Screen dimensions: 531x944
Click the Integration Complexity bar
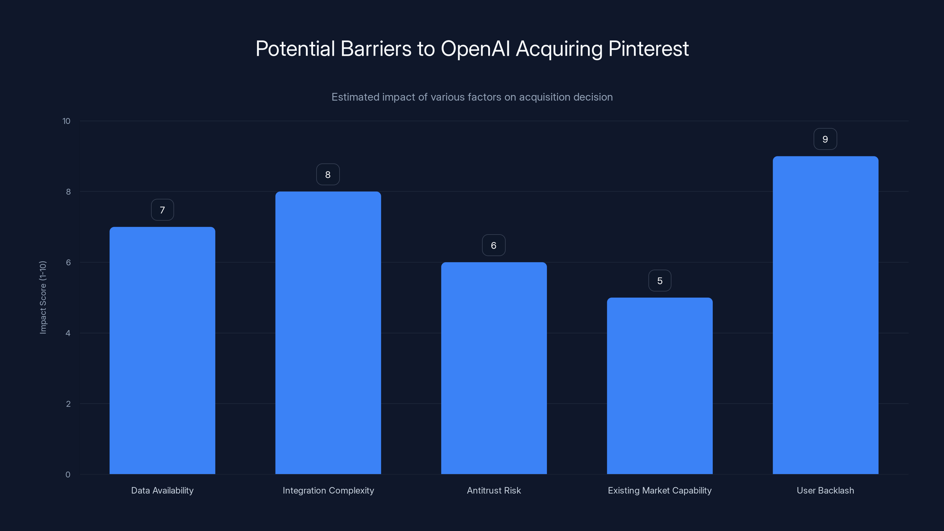click(x=328, y=332)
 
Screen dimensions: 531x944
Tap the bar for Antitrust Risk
click(x=494, y=368)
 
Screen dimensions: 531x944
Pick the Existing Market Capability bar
click(x=660, y=386)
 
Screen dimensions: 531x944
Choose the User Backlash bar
click(x=825, y=315)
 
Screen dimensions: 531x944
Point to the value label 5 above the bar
click(x=660, y=281)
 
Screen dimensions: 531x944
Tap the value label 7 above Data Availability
click(x=162, y=210)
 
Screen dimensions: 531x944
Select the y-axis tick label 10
click(x=66, y=121)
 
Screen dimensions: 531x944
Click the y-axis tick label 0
click(x=68, y=475)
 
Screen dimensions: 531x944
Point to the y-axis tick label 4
click(x=68, y=333)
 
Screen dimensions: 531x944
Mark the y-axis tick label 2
click(x=68, y=404)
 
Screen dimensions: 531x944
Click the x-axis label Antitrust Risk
click(x=494, y=490)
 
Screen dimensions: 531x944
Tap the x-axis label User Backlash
click(x=825, y=490)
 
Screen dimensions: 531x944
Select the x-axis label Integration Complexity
click(x=328, y=490)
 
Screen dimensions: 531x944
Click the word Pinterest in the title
click(x=648, y=49)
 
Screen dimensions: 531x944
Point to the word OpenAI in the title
click(x=475, y=49)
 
